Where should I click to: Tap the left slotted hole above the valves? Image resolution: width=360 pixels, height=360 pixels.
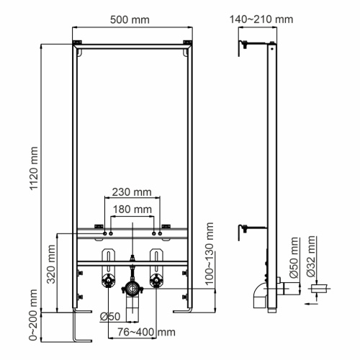(x=109, y=258)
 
